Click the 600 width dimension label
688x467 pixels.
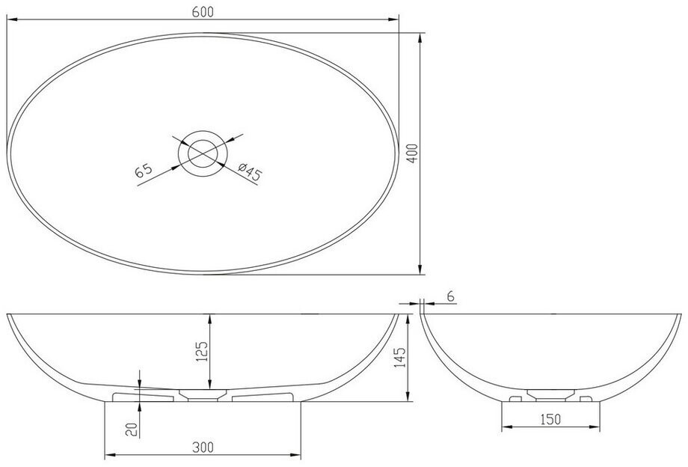coord(203,12)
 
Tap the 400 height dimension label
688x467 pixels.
coord(414,153)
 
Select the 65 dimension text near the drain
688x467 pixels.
coord(144,170)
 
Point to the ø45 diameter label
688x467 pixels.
coord(250,171)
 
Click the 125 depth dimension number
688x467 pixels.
coord(201,351)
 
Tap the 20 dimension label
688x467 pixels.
coord(132,429)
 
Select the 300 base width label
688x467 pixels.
coord(203,448)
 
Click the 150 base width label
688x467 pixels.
coord(550,419)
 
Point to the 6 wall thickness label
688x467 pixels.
coord(451,297)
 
